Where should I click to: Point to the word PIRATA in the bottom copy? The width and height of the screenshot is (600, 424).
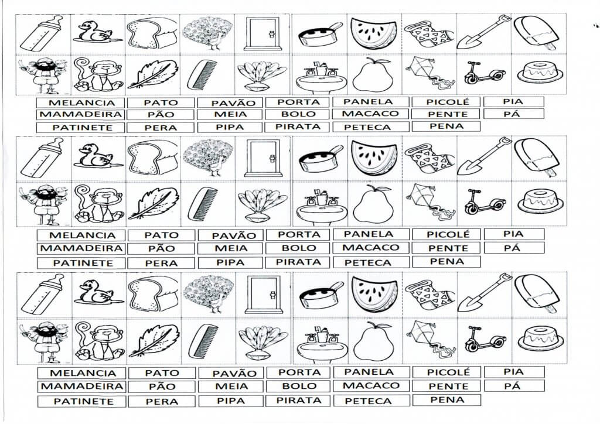coord(298,400)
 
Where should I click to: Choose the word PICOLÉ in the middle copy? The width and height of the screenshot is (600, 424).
coord(448,234)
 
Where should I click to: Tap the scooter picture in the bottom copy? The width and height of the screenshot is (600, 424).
coord(485,337)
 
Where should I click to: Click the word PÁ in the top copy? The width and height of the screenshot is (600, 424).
coord(513,114)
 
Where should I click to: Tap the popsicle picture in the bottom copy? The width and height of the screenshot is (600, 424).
coord(536,294)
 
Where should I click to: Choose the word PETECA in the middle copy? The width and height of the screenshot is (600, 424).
coord(368,263)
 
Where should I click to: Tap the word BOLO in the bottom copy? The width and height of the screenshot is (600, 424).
coord(298,386)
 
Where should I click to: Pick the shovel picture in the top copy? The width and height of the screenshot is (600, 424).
coord(483,33)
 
